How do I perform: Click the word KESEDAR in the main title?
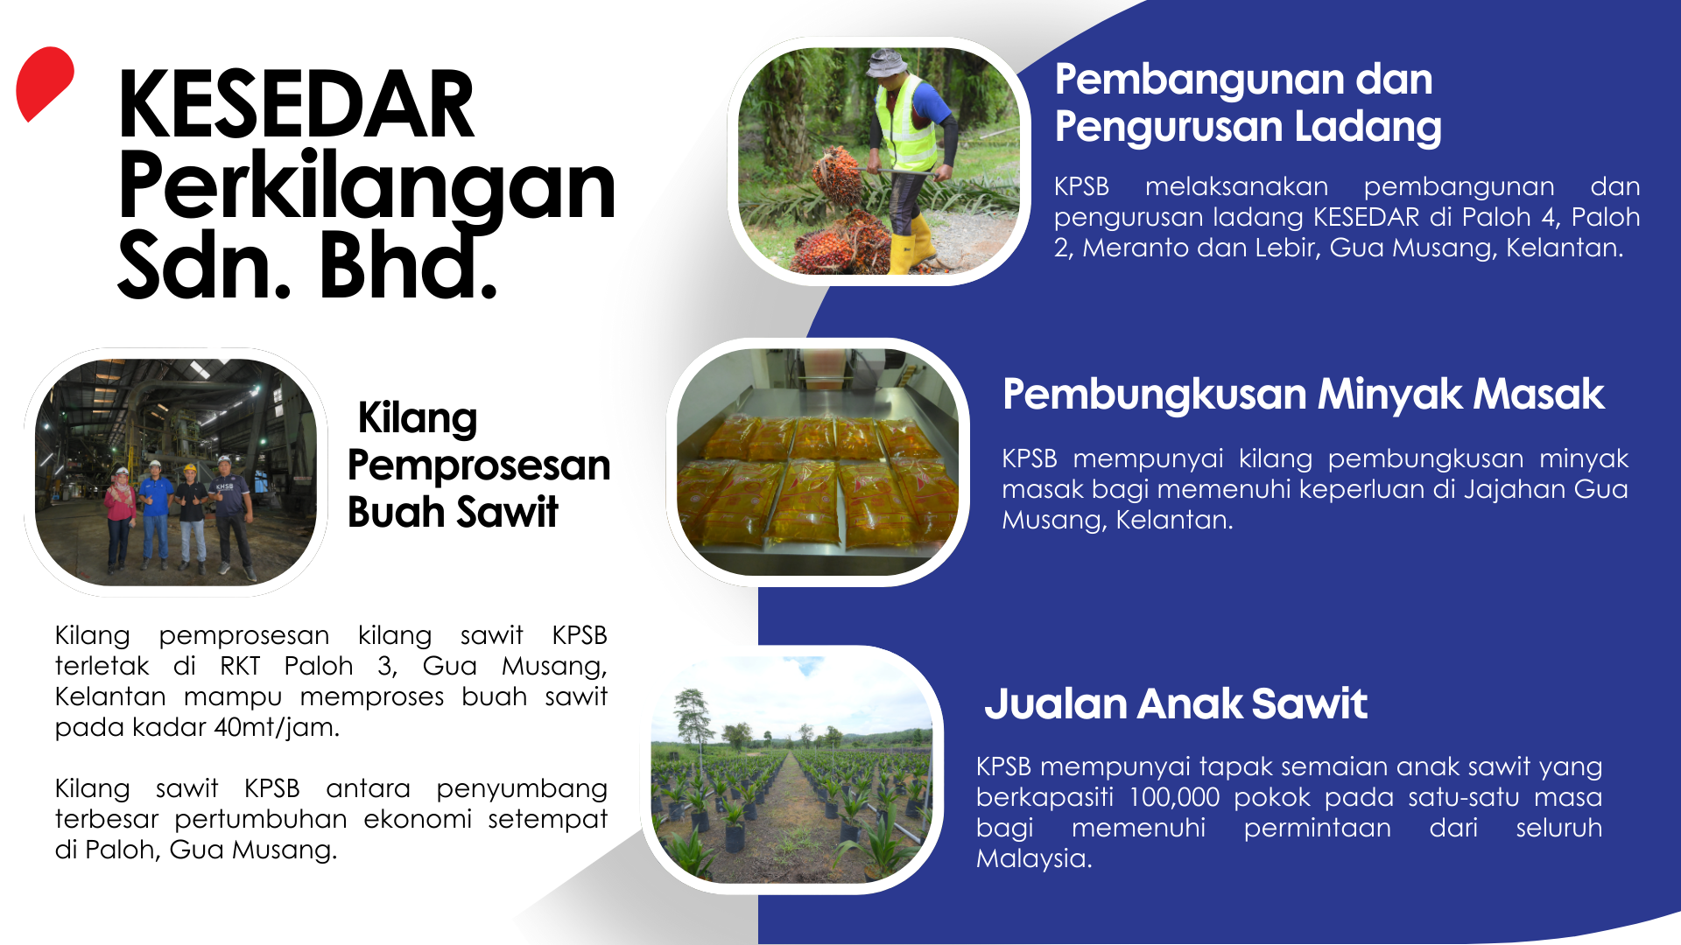(296, 106)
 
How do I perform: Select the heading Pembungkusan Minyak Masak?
(1303, 395)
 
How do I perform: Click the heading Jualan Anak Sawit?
(1175, 703)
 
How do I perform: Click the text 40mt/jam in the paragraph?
(276, 728)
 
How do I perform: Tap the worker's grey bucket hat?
(887, 63)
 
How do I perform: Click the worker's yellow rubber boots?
(911, 242)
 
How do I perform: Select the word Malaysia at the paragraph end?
(1034, 858)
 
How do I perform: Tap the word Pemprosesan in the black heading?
(479, 465)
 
